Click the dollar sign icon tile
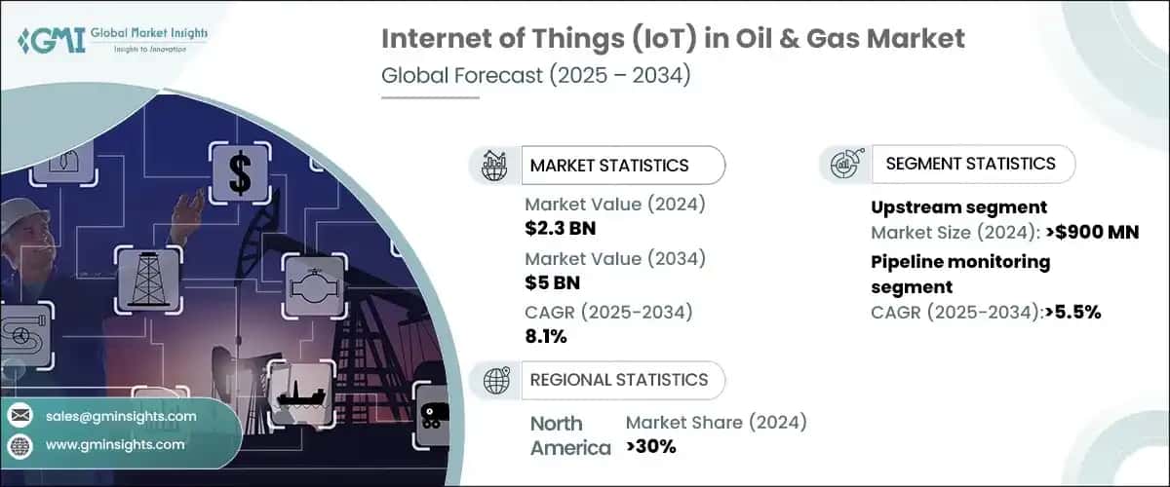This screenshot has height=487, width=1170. pyautogui.click(x=239, y=172)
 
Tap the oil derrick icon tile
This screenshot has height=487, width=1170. pyautogui.click(x=148, y=280)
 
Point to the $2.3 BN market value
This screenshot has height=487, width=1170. pyautogui.click(x=561, y=229)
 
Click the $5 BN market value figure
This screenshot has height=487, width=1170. pyautogui.click(x=551, y=283)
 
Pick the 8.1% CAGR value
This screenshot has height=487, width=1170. pyautogui.click(x=546, y=336)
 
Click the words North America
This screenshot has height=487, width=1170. pyautogui.click(x=569, y=435)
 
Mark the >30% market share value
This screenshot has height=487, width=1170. pyautogui.click(x=650, y=447)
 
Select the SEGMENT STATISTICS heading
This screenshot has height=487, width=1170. pyautogui.click(x=970, y=164)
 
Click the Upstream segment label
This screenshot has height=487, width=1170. pyautogui.click(x=958, y=206)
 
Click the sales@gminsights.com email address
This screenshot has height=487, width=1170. pyautogui.click(x=121, y=416)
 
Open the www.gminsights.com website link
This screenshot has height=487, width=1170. pyautogui.click(x=114, y=444)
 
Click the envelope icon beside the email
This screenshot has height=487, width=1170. pyautogui.click(x=20, y=416)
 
